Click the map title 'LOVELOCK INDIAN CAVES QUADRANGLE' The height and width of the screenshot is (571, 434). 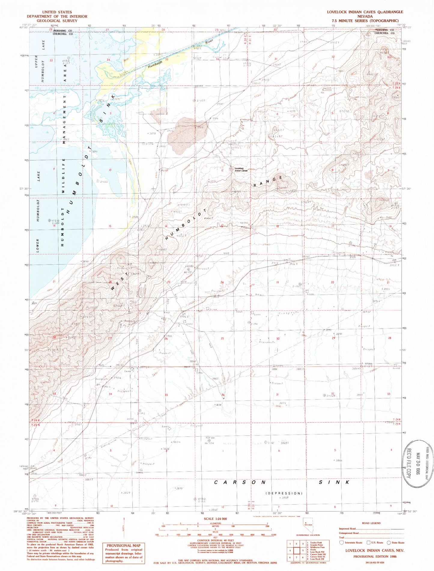pyautogui.click(x=365, y=12)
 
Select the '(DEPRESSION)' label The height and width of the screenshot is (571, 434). pyautogui.click(x=284, y=493)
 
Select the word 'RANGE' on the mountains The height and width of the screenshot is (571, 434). pyautogui.click(x=268, y=182)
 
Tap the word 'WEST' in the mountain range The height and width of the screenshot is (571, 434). pyautogui.click(x=120, y=281)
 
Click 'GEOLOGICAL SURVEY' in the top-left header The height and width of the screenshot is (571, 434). pyautogui.click(x=57, y=21)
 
